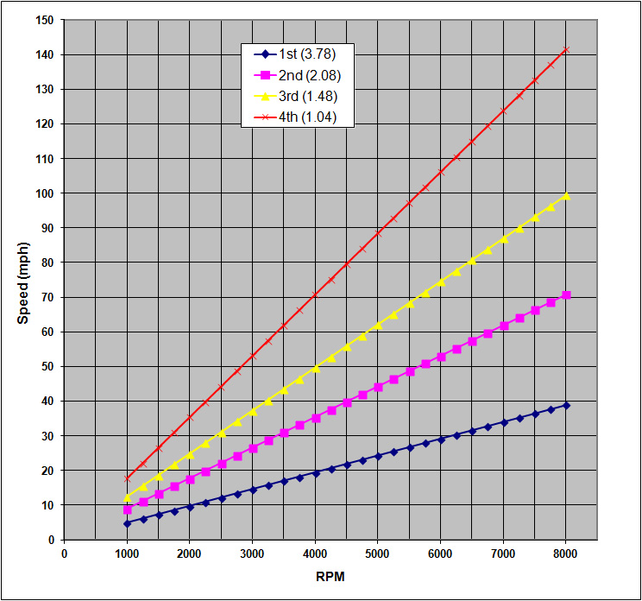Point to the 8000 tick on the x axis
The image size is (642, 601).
(x=566, y=554)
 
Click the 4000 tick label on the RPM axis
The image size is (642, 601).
(x=315, y=554)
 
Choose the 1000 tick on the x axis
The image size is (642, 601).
(x=127, y=554)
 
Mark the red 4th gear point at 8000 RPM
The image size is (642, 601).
(x=566, y=49)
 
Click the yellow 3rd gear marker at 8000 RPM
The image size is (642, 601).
(x=566, y=196)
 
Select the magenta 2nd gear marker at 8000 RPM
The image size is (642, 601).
(x=566, y=295)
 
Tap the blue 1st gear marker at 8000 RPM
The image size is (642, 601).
(x=566, y=405)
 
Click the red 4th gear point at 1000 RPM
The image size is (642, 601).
(x=127, y=478)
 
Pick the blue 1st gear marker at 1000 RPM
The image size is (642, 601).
(x=127, y=523)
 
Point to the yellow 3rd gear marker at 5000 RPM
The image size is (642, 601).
(x=378, y=325)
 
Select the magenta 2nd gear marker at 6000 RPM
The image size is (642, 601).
(x=441, y=356)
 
